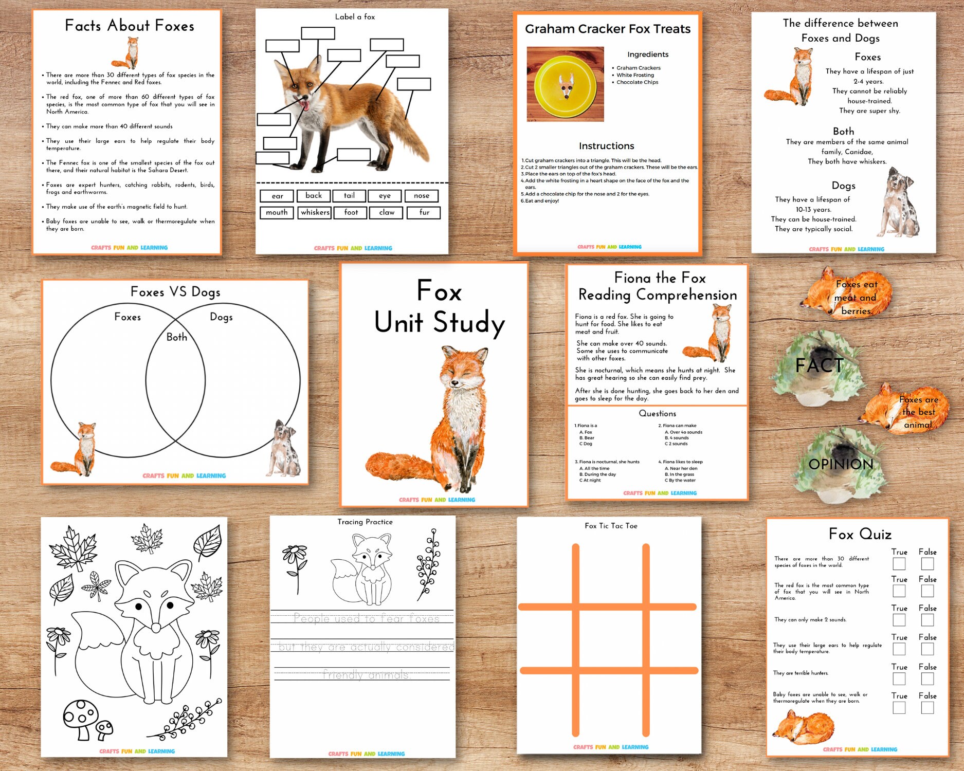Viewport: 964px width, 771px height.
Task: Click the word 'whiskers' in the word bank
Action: point(315,212)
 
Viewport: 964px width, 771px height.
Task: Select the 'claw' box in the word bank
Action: point(387,212)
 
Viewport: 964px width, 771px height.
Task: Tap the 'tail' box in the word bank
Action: point(349,196)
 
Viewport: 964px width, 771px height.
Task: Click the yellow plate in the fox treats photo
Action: point(565,84)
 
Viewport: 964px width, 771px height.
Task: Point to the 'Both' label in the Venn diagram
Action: point(176,337)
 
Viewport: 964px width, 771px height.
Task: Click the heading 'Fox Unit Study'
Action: point(439,307)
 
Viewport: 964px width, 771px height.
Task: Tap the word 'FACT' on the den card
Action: point(819,365)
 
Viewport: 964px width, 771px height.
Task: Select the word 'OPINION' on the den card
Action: point(841,465)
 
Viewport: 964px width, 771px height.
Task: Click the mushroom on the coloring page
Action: point(81,718)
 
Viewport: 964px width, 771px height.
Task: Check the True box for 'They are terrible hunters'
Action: point(899,678)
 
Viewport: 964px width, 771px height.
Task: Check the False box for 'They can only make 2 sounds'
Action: point(927,620)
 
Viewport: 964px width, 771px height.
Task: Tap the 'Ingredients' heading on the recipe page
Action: point(648,54)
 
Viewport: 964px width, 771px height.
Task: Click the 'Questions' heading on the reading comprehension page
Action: point(657,413)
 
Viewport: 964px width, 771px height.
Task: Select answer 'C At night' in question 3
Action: point(590,481)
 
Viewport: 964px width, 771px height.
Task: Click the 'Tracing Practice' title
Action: point(365,522)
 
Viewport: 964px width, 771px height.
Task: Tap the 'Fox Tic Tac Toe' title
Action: point(611,526)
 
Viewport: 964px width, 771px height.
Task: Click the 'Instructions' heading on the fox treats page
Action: point(606,146)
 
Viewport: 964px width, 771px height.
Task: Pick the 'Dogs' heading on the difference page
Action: point(843,186)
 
